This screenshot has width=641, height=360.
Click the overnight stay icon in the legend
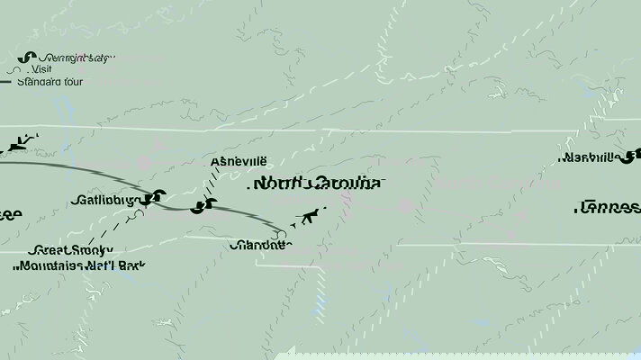(x=21, y=58)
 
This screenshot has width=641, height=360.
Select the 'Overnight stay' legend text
(x=77, y=58)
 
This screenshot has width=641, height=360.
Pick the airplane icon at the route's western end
(x=23, y=142)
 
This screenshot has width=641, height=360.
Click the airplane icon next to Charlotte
(x=311, y=216)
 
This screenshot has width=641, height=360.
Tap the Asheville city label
(x=239, y=161)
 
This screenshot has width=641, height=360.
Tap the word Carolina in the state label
(x=342, y=184)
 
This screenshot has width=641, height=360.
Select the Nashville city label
(x=589, y=157)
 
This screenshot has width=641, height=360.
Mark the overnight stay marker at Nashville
(x=633, y=155)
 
